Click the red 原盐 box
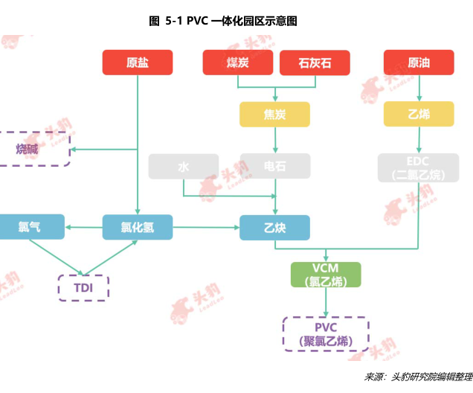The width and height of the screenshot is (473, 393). click(x=138, y=63)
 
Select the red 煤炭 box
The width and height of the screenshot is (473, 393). click(x=238, y=63)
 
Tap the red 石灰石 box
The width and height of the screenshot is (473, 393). click(x=315, y=63)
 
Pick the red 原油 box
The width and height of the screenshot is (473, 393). click(x=419, y=63)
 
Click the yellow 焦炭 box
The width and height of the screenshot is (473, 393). click(x=274, y=115)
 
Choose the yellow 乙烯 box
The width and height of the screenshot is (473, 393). click(x=419, y=115)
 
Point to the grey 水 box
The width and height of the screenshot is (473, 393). click(x=184, y=167)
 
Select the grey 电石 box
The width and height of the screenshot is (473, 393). click(x=274, y=167)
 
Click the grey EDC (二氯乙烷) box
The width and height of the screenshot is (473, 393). click(x=419, y=167)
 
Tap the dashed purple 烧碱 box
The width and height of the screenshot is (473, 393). click(x=33, y=149)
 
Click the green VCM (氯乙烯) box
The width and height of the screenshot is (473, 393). click(x=326, y=275)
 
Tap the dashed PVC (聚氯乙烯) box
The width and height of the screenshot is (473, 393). click(x=326, y=333)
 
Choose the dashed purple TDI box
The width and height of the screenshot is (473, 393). click(x=83, y=287)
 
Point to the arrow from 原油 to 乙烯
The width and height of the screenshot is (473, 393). click(x=419, y=89)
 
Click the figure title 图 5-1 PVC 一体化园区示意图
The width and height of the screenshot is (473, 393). click(x=223, y=21)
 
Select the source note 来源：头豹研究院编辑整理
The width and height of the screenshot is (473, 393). click(x=419, y=378)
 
